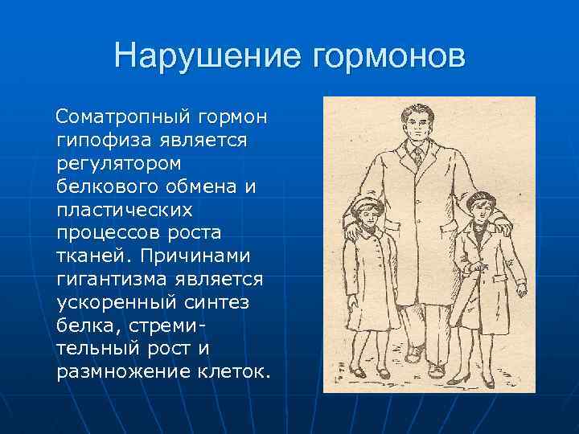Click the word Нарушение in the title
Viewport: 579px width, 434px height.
[x=205, y=56]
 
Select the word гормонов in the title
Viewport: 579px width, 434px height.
[x=387, y=56]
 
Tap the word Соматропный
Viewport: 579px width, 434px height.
[x=120, y=118]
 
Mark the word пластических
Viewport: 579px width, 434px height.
[x=125, y=210]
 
